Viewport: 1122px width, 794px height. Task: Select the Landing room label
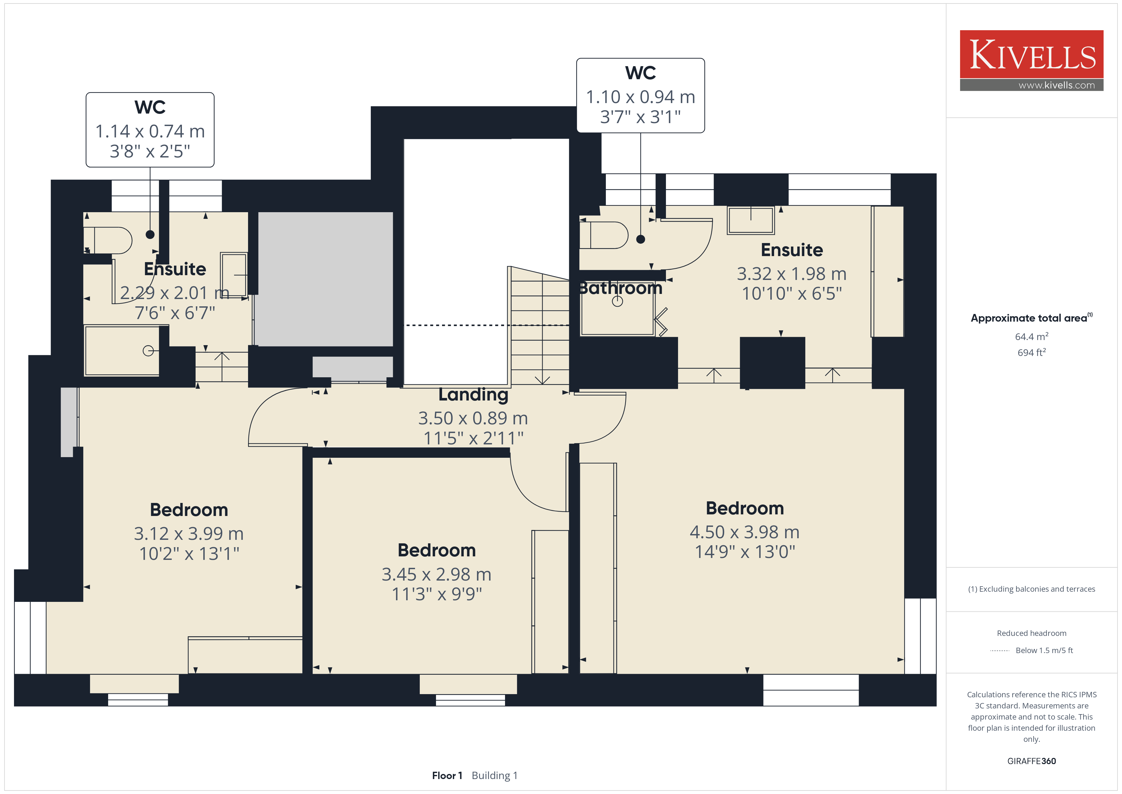point(473,394)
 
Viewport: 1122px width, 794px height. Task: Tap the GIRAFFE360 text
point(1032,761)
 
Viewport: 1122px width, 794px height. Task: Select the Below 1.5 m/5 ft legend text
point(1044,650)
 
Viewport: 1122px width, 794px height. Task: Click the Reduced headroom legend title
point(1032,633)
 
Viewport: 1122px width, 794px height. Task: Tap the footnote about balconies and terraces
point(1032,589)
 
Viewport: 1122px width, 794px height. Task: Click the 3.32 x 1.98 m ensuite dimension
point(792,274)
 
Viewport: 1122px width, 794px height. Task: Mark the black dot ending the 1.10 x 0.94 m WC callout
point(641,239)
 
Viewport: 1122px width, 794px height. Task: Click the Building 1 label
point(495,776)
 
